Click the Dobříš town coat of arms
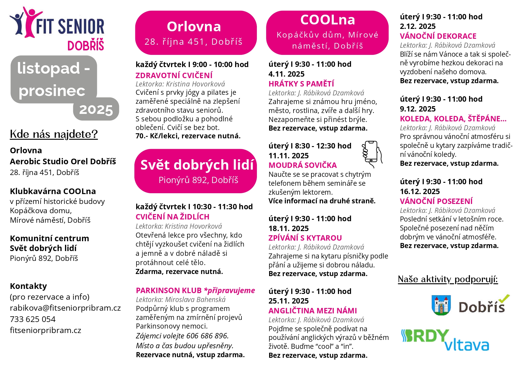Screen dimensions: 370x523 [x=441, y=305]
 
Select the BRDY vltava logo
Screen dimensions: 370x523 [x=445, y=340]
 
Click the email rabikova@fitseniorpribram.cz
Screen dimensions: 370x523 [x=65, y=308]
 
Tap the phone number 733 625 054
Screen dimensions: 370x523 [x=33, y=319]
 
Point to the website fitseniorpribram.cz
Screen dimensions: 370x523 [x=45, y=330]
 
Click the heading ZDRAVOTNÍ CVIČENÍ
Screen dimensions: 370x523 [x=174, y=75]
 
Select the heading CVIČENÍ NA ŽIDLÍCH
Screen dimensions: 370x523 [x=173, y=217]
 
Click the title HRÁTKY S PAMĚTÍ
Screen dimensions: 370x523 [x=301, y=84]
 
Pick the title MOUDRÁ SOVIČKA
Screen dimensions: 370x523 [x=302, y=165]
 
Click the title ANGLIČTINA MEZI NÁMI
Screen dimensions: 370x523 [x=313, y=311]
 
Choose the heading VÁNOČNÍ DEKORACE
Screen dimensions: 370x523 [x=438, y=36]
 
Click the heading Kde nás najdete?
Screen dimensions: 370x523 [x=54, y=134]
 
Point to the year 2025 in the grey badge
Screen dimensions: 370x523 [x=96, y=110]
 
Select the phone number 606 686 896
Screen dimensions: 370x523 [x=207, y=336]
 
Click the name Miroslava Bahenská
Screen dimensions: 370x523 [x=195, y=300]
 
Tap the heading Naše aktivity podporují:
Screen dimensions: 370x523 [x=448, y=279]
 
